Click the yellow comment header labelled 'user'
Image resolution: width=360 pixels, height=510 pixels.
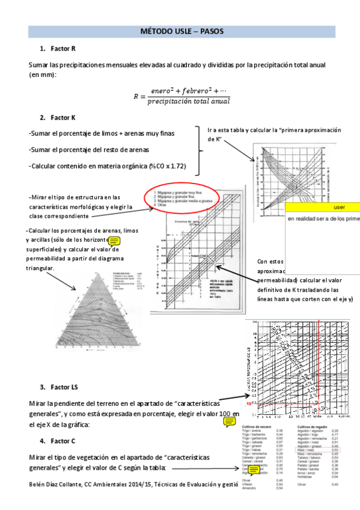[x=322, y=207]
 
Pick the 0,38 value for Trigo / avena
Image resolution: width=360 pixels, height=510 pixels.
[x=279, y=431]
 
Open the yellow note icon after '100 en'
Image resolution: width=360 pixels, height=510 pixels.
[x=229, y=422]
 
